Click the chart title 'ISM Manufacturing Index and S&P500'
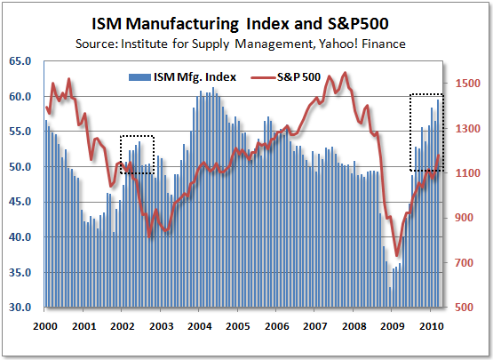[245, 20]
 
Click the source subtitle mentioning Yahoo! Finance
[245, 41]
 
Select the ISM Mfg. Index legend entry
[181, 76]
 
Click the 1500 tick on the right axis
[468, 84]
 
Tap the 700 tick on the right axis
[468, 263]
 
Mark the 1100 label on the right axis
[468, 173]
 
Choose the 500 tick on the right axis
[468, 308]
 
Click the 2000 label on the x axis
[45, 326]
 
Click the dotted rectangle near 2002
[137, 155]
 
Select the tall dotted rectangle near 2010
[425, 132]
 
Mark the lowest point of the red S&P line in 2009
[397, 256]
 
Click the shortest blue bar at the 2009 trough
[390, 298]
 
